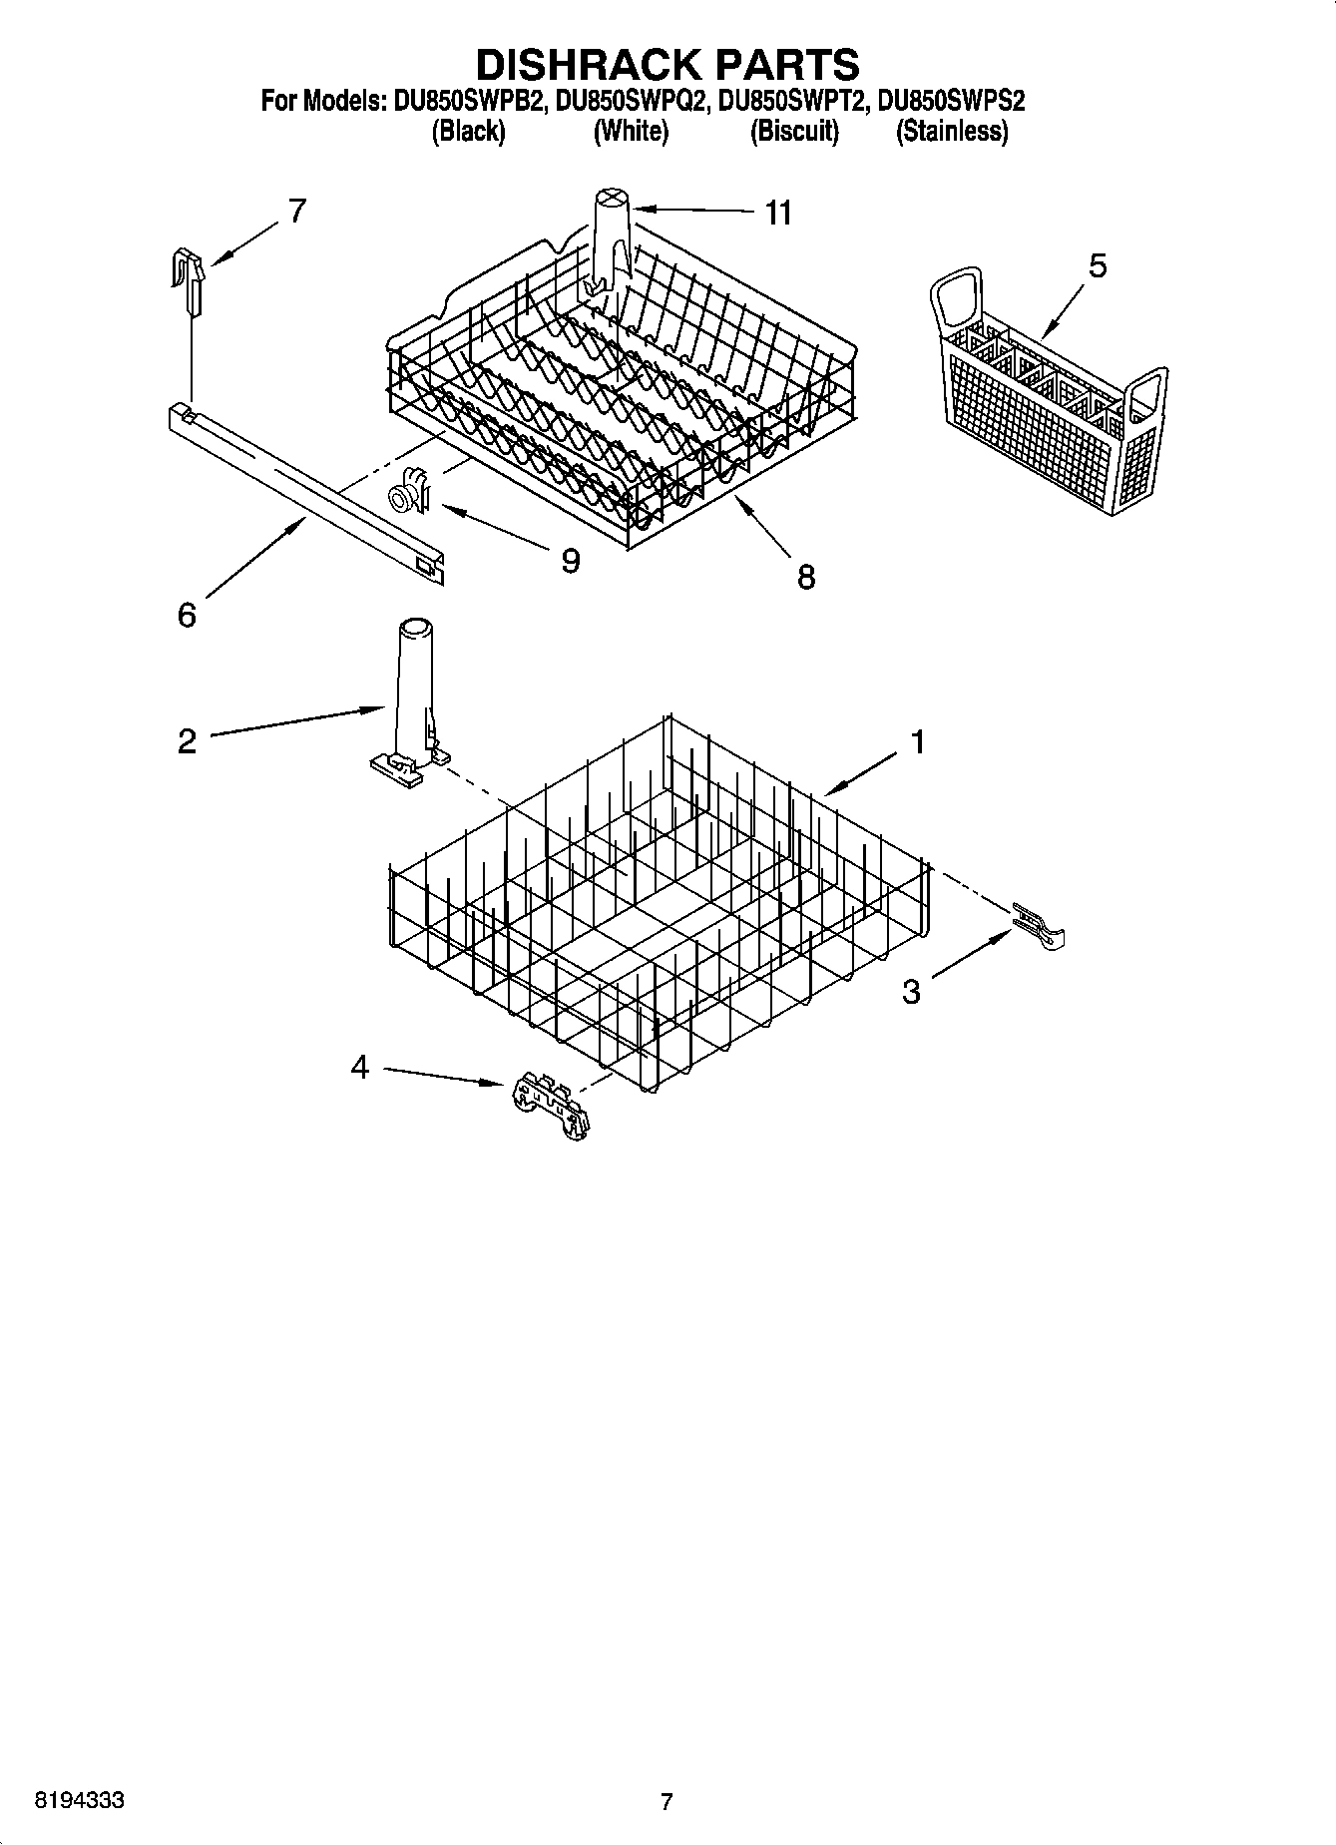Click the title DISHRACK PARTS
point(667,63)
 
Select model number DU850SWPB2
point(464,101)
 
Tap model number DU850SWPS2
point(951,101)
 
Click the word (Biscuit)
point(794,131)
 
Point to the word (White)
point(631,131)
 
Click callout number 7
point(296,212)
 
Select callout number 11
point(778,213)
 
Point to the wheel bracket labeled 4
point(549,1106)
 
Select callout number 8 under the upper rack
point(806,576)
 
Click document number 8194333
point(80,1801)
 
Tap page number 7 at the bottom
point(667,1801)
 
